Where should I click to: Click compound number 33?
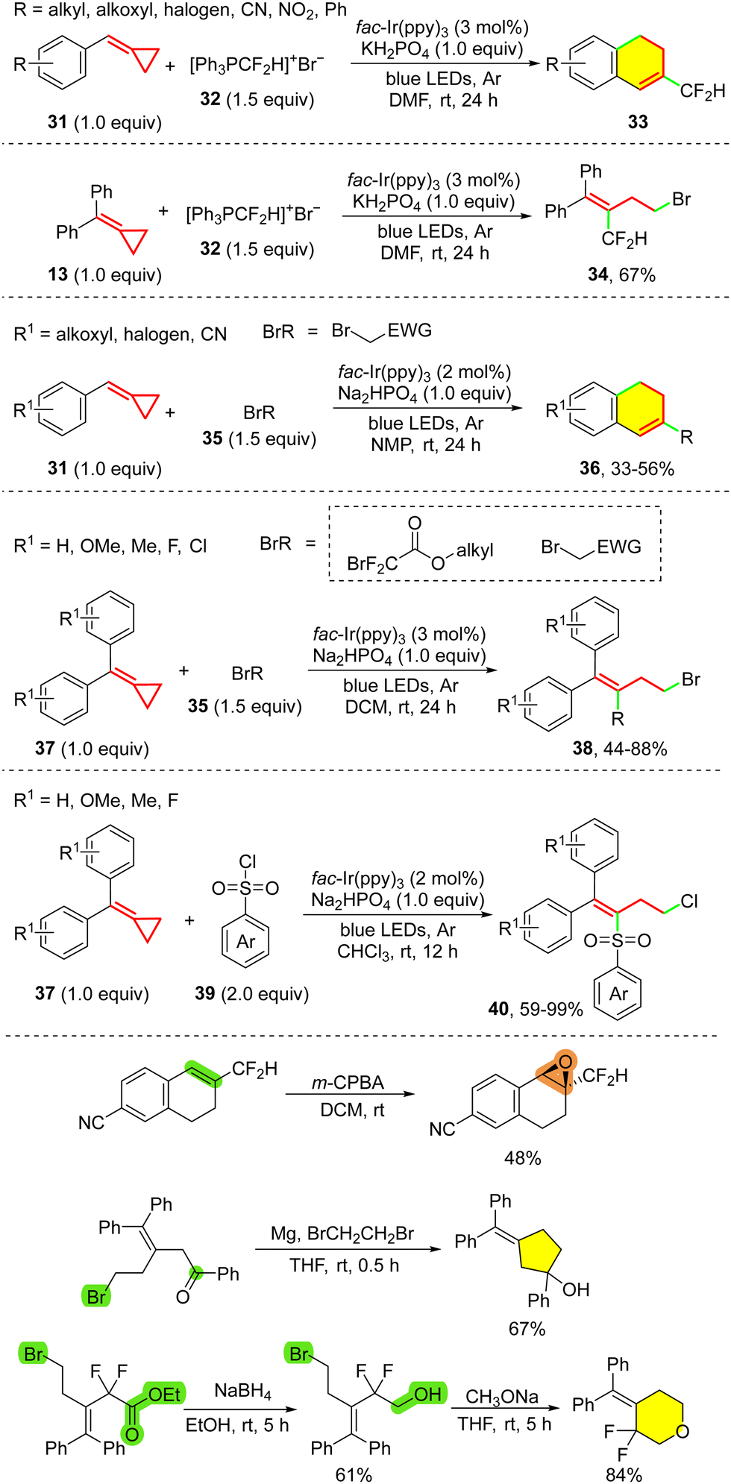coord(638,122)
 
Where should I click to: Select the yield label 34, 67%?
coord(621,275)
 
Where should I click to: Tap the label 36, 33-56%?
coord(627,468)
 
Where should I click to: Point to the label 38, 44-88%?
coord(620,749)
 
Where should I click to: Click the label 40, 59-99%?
coord(536,1010)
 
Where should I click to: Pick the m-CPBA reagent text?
coord(348,1083)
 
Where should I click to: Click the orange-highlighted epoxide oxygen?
coord(565,1062)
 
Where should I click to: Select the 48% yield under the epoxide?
coord(522,1158)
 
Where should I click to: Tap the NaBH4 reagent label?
coord(242,1392)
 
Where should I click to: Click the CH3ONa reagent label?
coord(502,1397)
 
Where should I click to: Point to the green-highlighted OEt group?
coord(165,1395)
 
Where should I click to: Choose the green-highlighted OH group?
coord(427,1395)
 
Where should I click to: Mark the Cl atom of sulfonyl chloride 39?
coord(248,862)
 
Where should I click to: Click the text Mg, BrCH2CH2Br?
coord(342,1233)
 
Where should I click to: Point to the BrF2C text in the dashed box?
coord(372,564)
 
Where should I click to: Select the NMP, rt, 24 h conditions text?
coord(426,445)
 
